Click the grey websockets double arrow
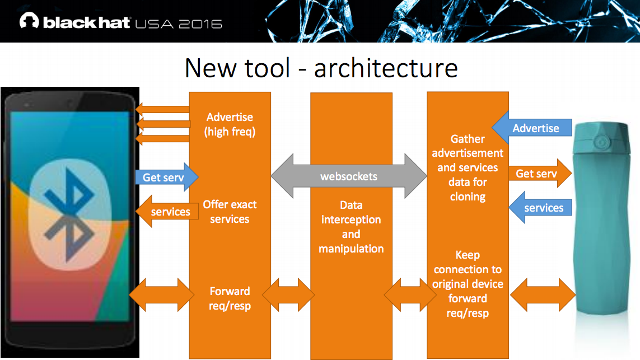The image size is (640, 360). point(348,176)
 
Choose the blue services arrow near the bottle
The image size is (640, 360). point(540,208)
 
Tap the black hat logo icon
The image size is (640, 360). point(29,22)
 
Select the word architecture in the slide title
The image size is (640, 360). point(386,68)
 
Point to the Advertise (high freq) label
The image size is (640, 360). point(230,124)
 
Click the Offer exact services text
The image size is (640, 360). point(230,212)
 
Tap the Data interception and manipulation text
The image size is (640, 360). point(351,227)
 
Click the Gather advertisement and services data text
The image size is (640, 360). point(468,167)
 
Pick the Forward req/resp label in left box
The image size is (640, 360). point(230,298)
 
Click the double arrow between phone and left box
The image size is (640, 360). point(161,294)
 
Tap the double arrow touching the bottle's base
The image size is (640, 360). point(542,294)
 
